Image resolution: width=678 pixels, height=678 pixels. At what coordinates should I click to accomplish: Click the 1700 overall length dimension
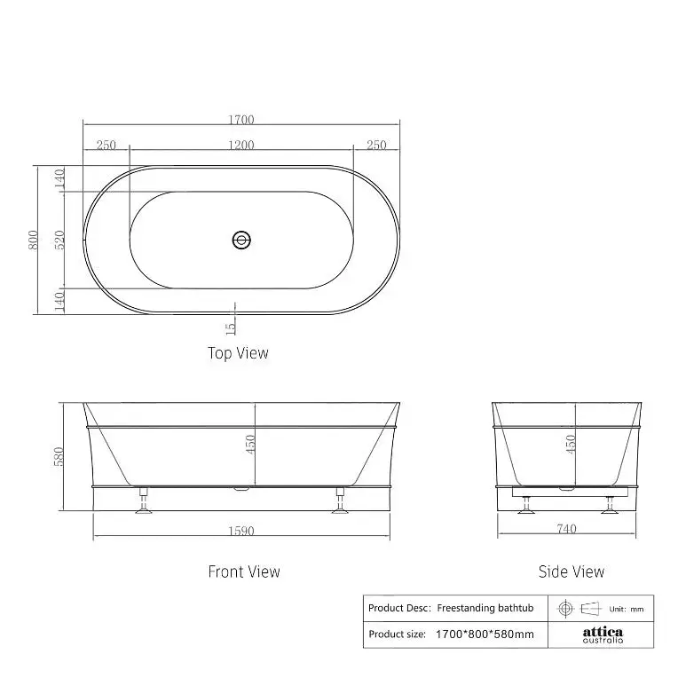point(241,119)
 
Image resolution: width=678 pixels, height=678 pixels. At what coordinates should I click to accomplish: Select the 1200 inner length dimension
point(241,145)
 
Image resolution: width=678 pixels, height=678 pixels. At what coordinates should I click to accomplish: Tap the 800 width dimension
point(34,240)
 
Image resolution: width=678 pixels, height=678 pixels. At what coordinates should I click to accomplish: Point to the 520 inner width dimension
point(59,240)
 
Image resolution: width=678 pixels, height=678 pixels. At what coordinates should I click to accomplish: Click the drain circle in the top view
point(241,240)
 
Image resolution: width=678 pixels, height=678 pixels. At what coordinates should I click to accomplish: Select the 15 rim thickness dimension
point(231,328)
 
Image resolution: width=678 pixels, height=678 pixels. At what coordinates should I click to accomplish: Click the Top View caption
point(238,353)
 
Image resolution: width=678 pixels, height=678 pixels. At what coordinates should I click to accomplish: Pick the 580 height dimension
point(59,457)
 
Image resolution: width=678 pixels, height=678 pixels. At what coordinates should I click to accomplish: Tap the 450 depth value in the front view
point(250,444)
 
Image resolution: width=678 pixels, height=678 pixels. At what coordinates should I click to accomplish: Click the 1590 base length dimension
point(241,531)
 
